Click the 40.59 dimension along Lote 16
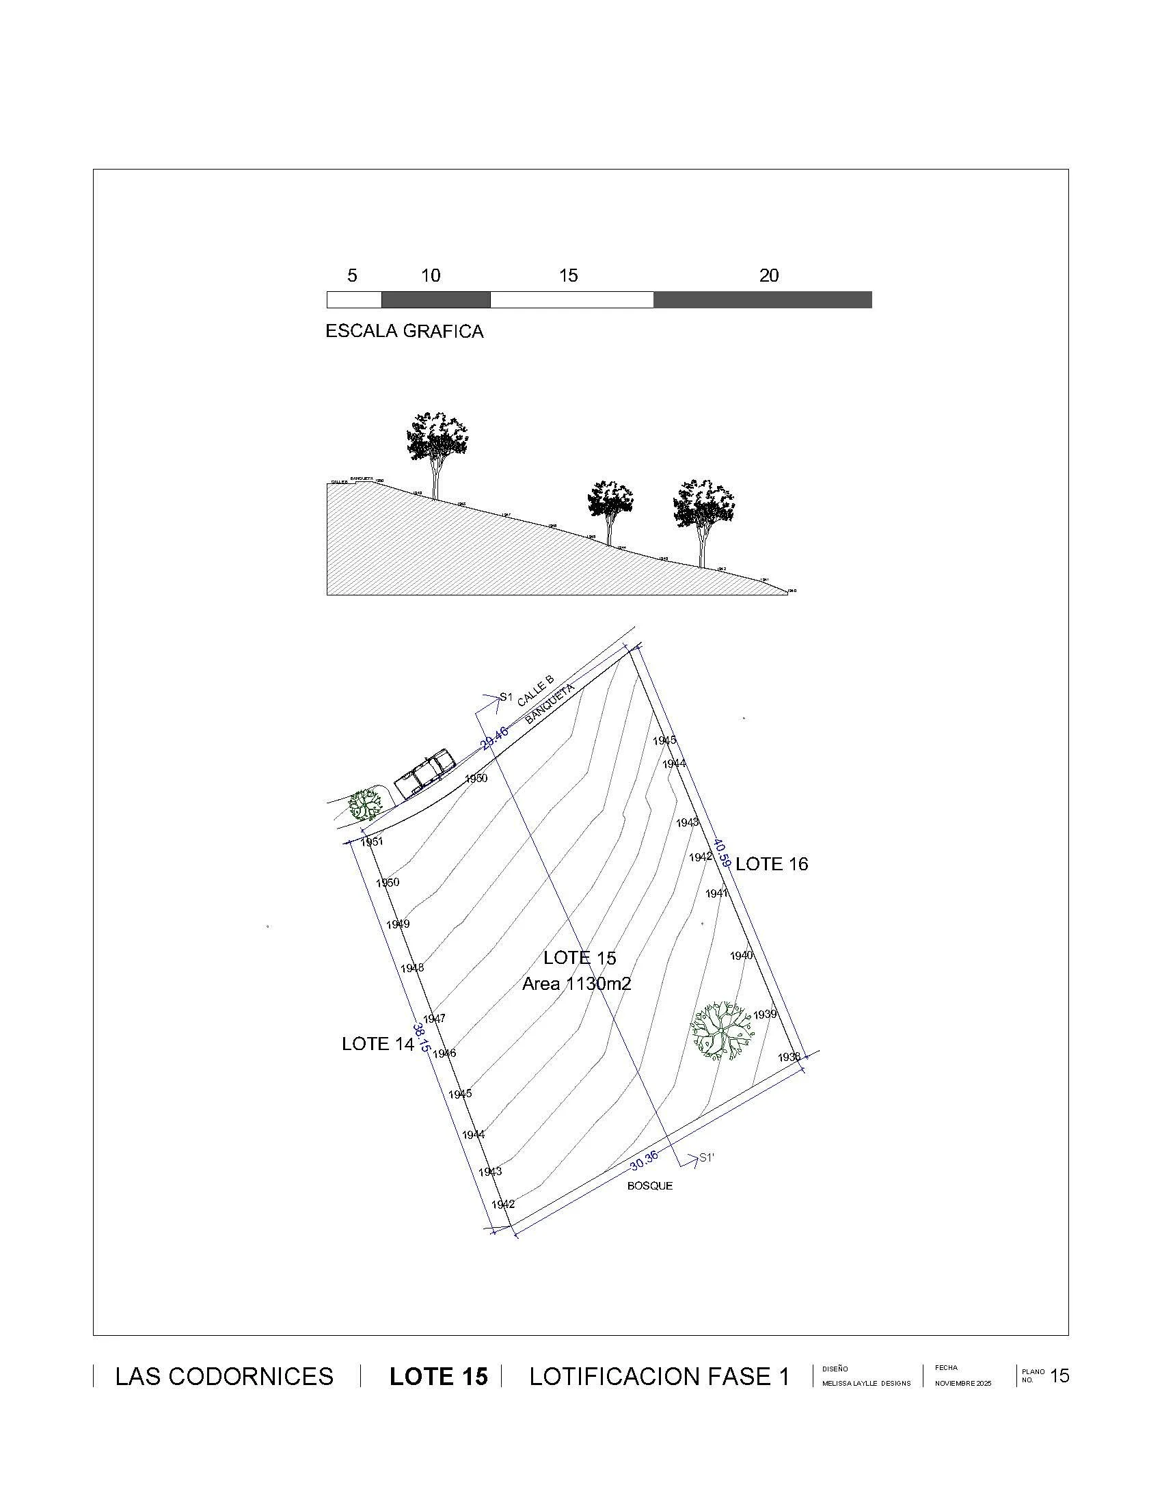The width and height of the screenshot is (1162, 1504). pos(721,852)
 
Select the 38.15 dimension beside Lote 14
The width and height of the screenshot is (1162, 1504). pos(421,1036)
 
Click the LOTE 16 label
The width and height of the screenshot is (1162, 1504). pos(771,864)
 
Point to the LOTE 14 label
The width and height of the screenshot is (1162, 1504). pos(377,1044)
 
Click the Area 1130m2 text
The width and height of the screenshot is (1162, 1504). pos(576,983)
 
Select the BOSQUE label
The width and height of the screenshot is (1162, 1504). pos(649,1186)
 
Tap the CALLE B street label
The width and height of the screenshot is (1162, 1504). pos(536,691)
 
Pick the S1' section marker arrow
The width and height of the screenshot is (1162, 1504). pos(695,1159)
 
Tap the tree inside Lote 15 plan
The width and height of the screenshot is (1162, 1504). pos(720,1030)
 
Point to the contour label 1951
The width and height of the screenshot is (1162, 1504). pos(372,842)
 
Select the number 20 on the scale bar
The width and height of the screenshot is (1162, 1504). pos(768,276)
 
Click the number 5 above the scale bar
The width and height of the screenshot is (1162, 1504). pos(352,276)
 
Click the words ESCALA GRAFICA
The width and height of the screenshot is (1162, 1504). pos(404,332)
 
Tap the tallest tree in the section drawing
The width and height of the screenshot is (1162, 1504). pos(437,448)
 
